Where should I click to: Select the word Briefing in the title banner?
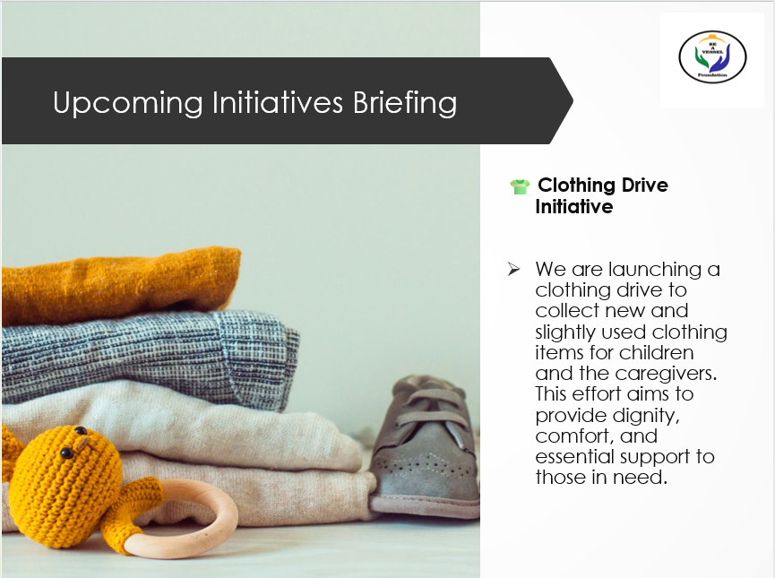404,103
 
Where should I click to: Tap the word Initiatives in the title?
276,103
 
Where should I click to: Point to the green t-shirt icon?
520,187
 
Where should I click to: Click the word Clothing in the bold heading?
579,185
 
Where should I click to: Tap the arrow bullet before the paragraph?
513,269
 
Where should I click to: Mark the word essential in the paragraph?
577,456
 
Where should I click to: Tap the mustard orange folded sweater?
121,285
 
